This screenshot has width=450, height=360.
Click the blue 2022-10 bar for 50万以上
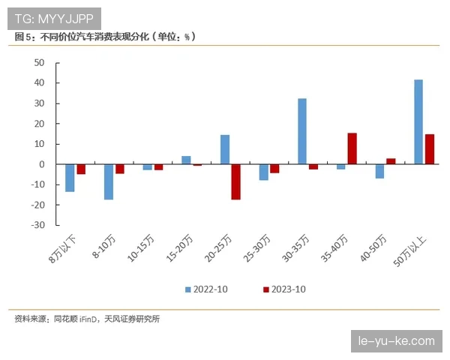[418, 121]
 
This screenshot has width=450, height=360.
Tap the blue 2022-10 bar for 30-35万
[302, 131]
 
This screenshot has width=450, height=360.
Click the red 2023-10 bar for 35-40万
[352, 148]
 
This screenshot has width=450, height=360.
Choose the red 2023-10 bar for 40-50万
[391, 161]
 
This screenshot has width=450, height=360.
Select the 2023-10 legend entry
[284, 289]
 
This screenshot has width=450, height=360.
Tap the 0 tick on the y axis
[42, 164]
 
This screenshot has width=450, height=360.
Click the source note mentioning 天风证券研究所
[87, 319]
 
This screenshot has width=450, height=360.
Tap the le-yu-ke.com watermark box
[397, 340]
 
